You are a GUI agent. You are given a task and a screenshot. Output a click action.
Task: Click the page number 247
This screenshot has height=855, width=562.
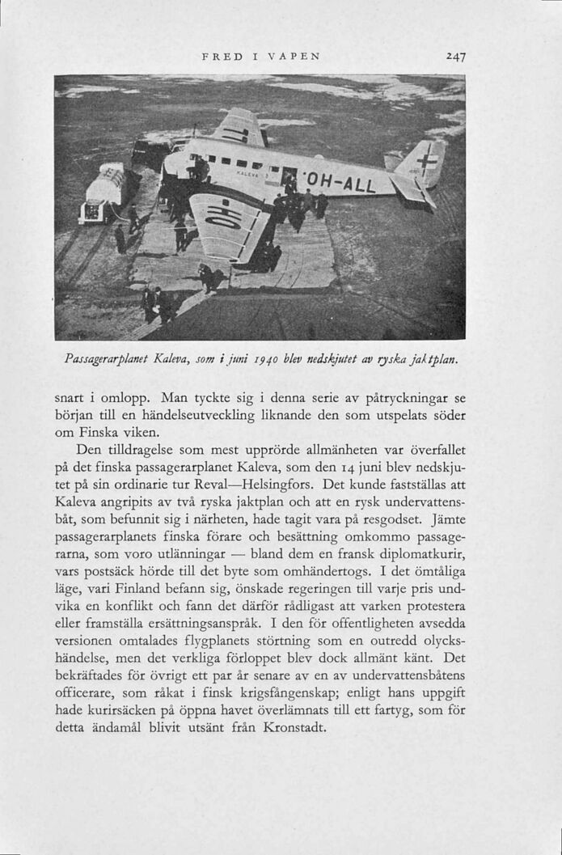pyautogui.click(x=454, y=57)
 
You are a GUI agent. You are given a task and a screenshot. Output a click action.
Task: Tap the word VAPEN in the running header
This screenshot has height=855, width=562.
pyautogui.click(x=298, y=57)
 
